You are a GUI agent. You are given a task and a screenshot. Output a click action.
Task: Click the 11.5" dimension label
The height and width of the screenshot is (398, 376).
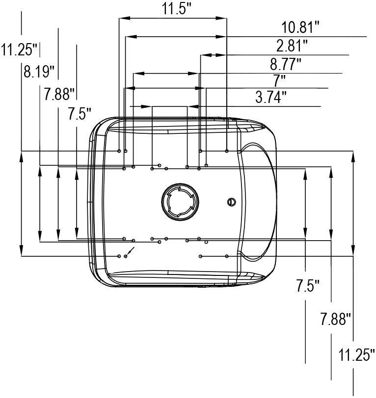click(176, 9)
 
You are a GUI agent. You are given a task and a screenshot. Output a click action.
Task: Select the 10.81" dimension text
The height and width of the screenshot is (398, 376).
click(300, 27)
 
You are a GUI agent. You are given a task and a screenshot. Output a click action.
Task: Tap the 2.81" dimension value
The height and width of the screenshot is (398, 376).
click(292, 46)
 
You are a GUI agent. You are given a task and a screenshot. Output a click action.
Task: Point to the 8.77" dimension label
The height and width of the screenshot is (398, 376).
click(285, 64)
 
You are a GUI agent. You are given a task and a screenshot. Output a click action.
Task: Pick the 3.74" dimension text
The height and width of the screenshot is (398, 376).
click(271, 97)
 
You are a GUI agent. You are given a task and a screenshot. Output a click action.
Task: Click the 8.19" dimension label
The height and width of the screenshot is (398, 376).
click(39, 72)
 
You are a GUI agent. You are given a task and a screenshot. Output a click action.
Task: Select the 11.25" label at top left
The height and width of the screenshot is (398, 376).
click(19, 49)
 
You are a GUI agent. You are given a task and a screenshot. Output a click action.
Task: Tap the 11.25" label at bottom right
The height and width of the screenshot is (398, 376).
click(356, 354)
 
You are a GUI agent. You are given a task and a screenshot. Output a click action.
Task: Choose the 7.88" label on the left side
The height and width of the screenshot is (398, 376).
click(59, 94)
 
